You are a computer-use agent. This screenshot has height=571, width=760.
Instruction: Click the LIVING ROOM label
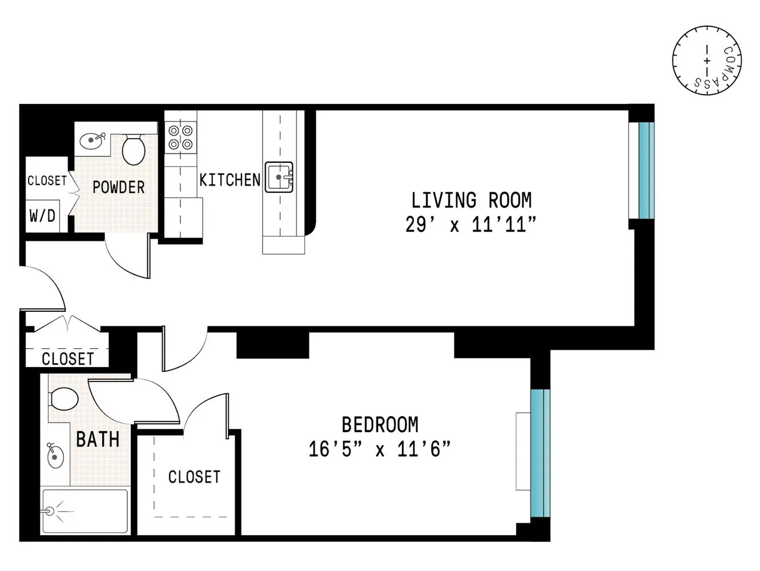pyautogui.click(x=471, y=200)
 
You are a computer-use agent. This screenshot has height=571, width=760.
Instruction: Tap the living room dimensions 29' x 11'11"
pyautogui.click(x=471, y=225)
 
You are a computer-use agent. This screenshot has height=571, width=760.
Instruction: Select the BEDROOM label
pyautogui.click(x=380, y=425)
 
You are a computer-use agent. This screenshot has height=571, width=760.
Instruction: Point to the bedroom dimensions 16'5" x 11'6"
pyautogui.click(x=380, y=449)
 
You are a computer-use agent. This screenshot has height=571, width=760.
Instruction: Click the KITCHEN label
pyautogui.click(x=230, y=180)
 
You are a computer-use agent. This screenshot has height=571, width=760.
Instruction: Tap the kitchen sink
pyautogui.click(x=279, y=177)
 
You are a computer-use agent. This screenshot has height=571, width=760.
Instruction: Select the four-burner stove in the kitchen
pyautogui.click(x=180, y=138)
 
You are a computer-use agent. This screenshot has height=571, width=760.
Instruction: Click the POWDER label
pyautogui.click(x=118, y=187)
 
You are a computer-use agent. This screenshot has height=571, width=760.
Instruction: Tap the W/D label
pyautogui.click(x=42, y=216)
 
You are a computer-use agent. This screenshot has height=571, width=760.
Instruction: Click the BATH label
pyautogui.click(x=98, y=440)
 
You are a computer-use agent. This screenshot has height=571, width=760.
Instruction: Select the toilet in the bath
pyautogui.click(x=63, y=399)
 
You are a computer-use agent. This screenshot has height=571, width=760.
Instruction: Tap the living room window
pyautogui.click(x=645, y=171)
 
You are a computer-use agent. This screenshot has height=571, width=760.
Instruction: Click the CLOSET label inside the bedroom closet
pyautogui.click(x=194, y=477)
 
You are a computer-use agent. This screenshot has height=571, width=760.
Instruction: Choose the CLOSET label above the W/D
pyautogui.click(x=47, y=180)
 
